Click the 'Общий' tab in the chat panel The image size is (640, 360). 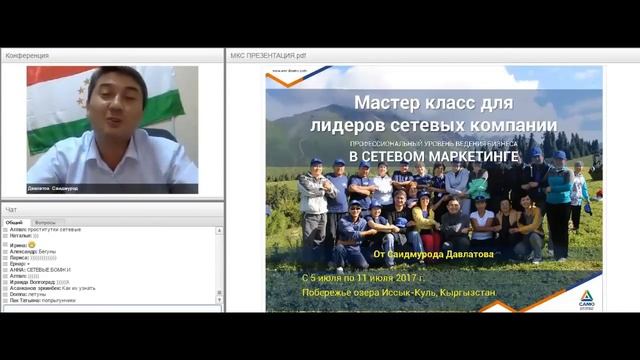[x=13, y=222]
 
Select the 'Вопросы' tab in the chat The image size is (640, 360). [x=45, y=222]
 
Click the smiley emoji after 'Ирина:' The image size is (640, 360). [x=32, y=245]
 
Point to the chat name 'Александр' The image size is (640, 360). [x=22, y=253]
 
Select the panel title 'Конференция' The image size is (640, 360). [x=27, y=56]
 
